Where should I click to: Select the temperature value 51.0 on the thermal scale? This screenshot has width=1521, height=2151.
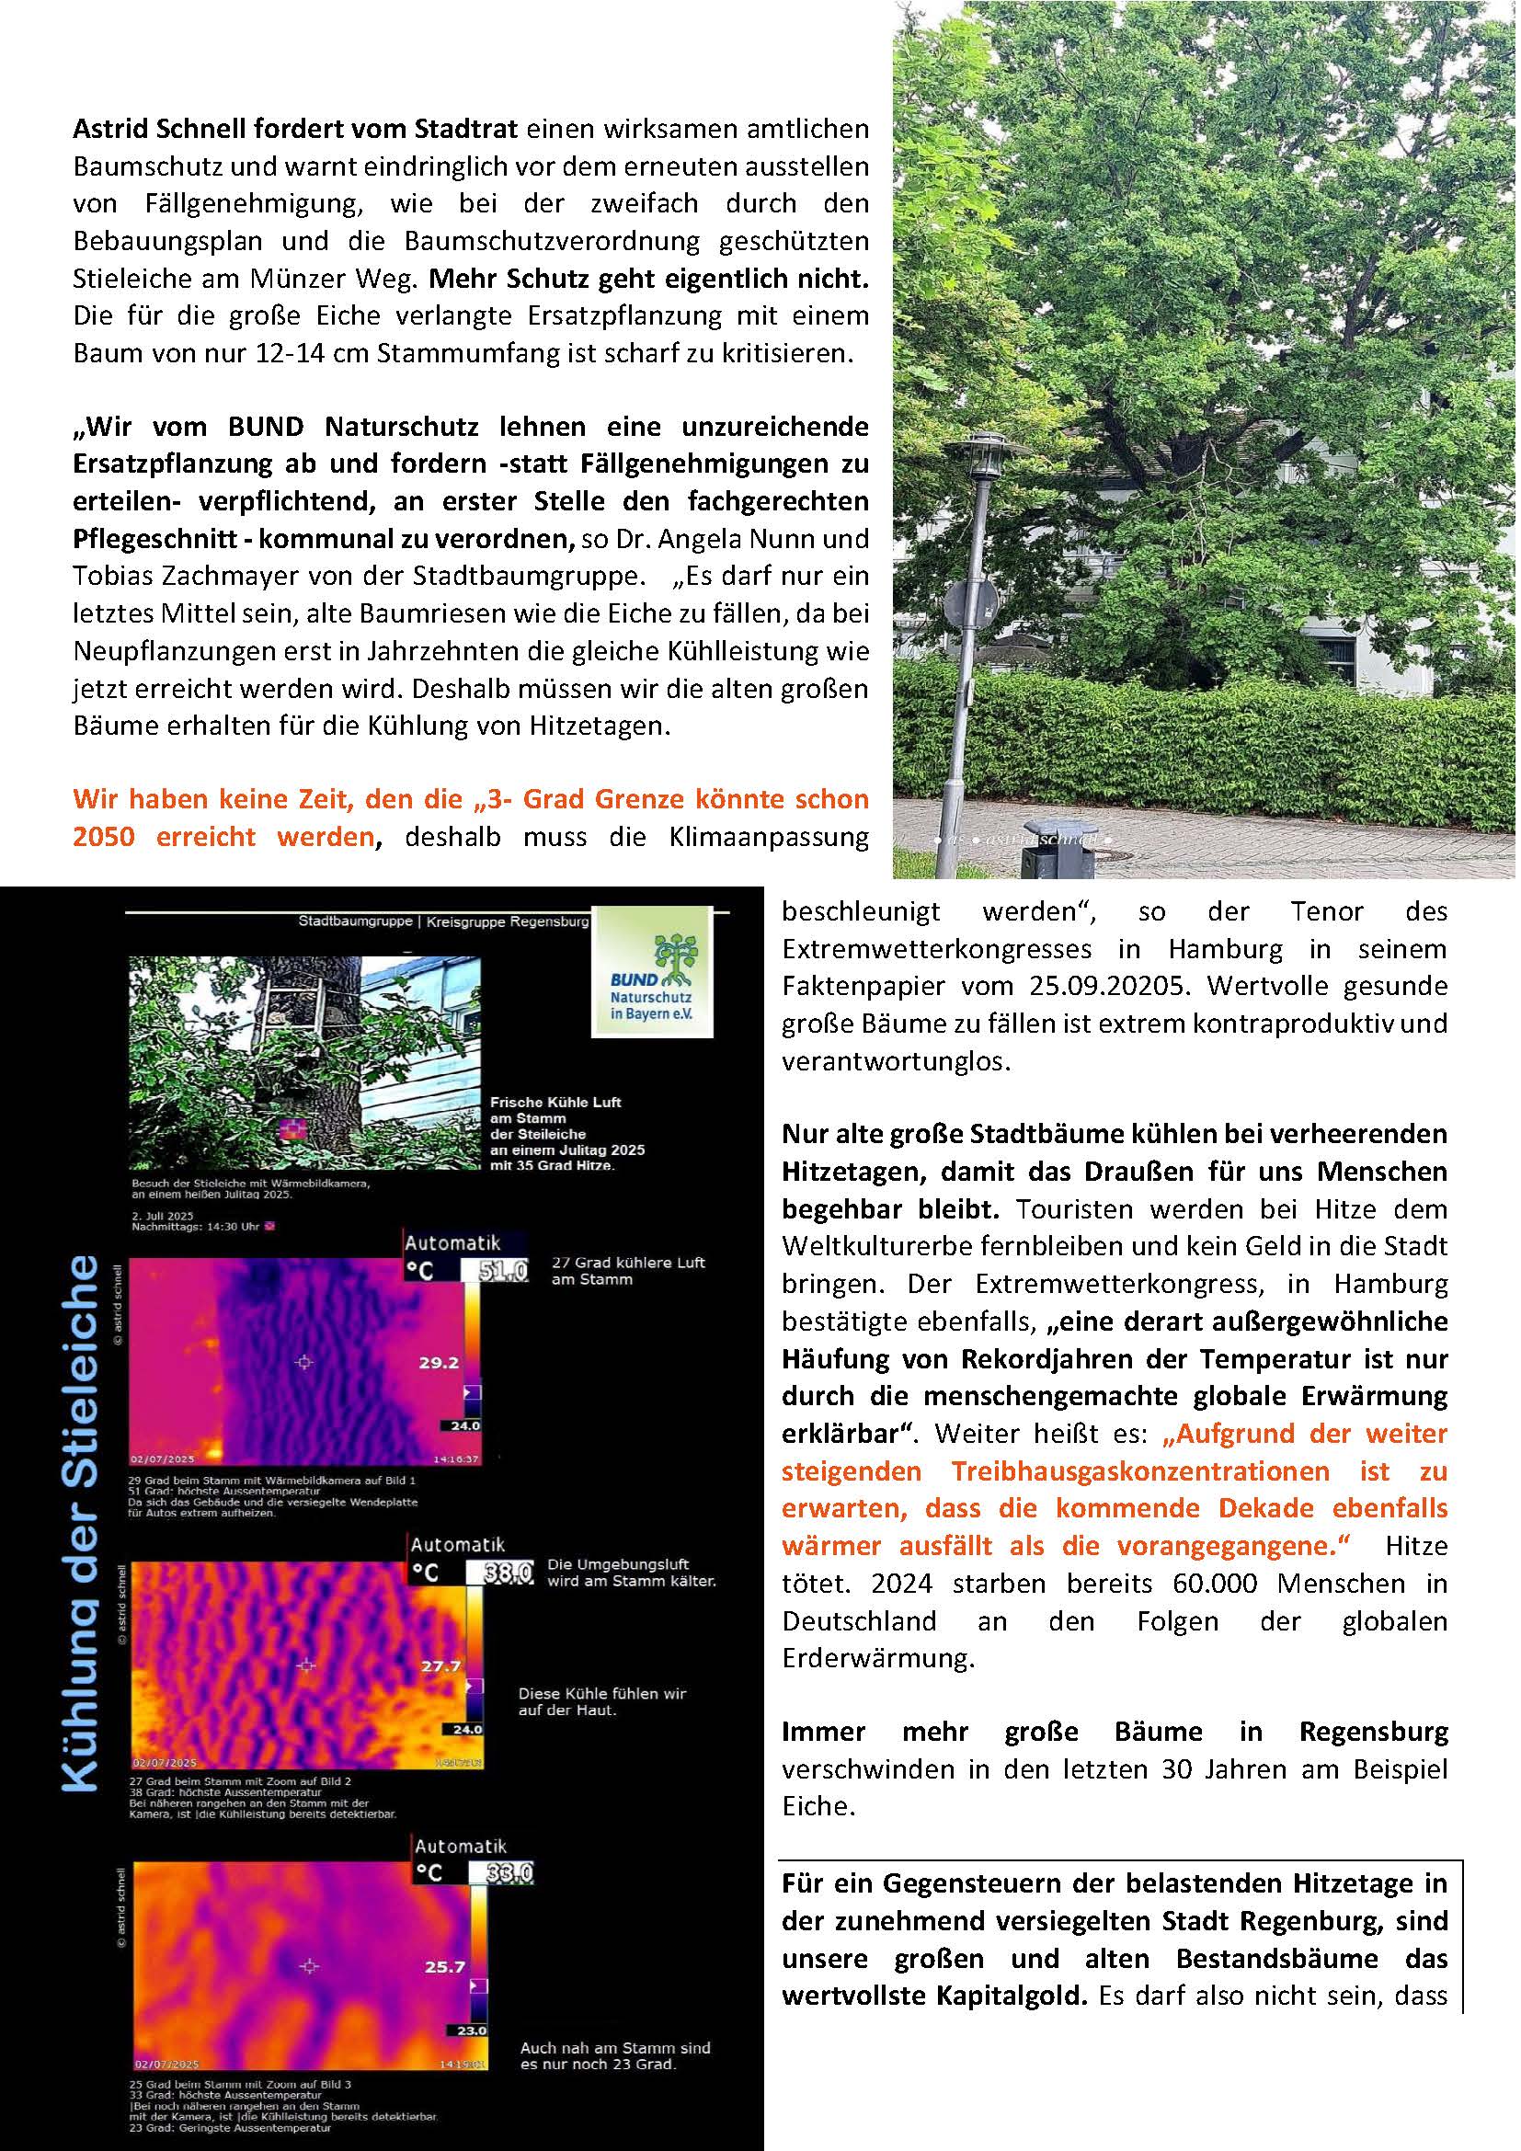(x=503, y=1271)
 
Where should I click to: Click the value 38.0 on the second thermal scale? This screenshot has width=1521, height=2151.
(x=508, y=1573)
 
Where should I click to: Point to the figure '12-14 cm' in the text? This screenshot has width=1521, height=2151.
(x=259, y=354)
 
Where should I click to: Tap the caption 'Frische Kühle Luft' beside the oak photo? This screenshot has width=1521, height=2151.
(x=555, y=1102)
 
